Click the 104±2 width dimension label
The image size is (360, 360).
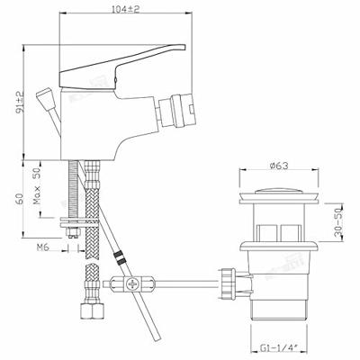tap(126, 9)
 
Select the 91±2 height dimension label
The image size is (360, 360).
tap(20, 102)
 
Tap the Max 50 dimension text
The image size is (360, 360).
tap(37, 186)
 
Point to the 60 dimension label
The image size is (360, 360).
tap(19, 199)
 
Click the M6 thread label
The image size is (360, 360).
tap(43, 247)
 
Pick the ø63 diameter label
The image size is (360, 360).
tap(279, 166)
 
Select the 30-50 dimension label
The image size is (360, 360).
tap(338, 223)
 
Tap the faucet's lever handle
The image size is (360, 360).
tap(122, 67)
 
